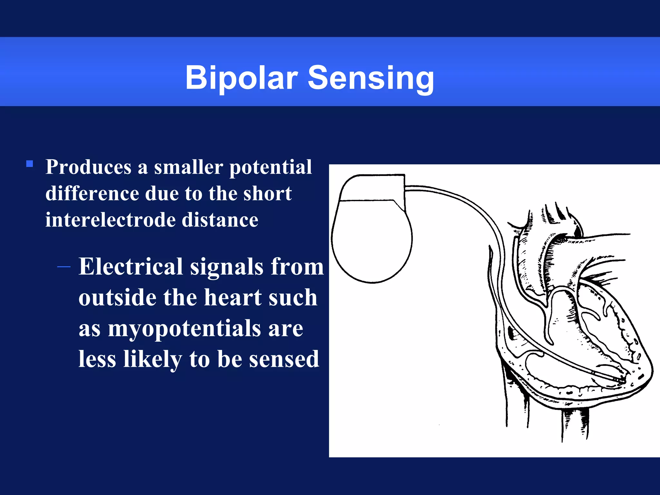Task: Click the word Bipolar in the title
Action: click(241, 78)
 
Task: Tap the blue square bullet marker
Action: click(30, 164)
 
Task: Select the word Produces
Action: click(88, 167)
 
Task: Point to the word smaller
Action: click(188, 167)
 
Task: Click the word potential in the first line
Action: click(270, 167)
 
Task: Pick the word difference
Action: click(92, 194)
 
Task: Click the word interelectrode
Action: click(110, 220)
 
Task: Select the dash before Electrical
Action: click(64, 267)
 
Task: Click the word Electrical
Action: click(131, 267)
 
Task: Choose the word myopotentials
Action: click(184, 329)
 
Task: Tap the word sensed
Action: click(284, 359)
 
